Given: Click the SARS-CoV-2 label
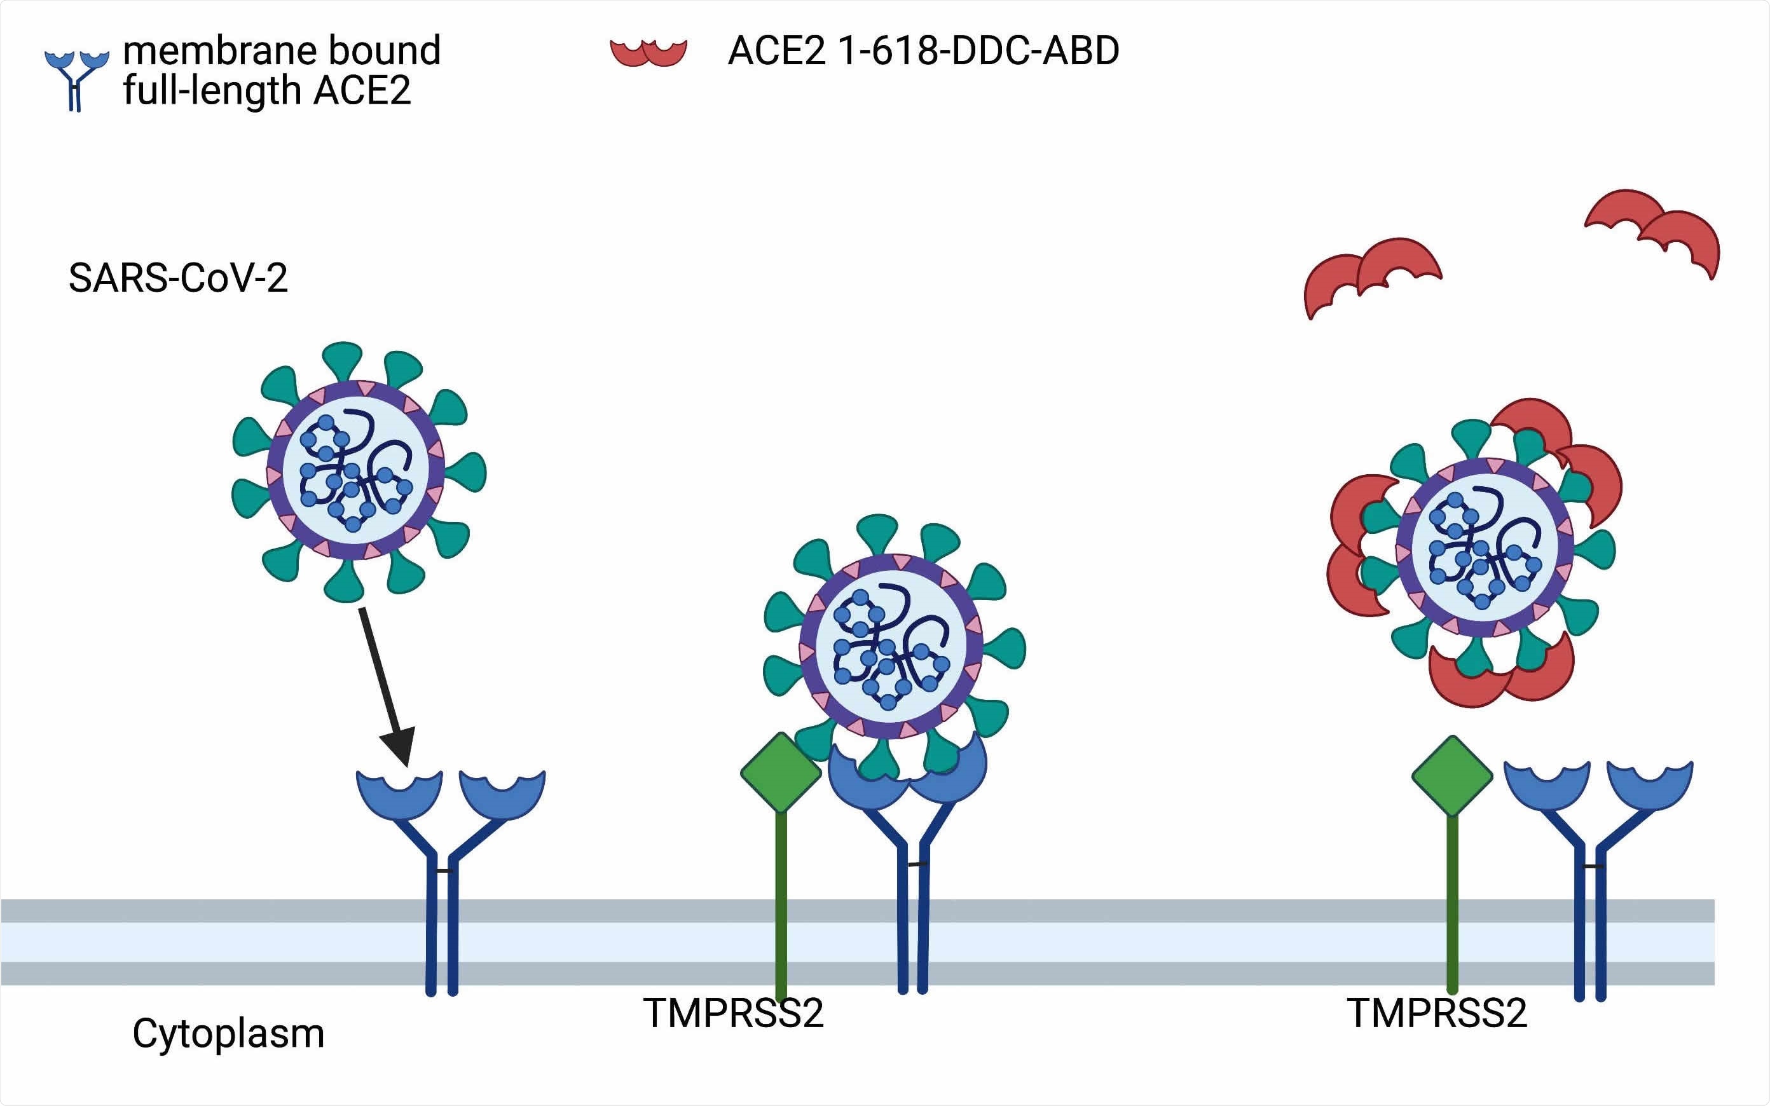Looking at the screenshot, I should pos(178,278).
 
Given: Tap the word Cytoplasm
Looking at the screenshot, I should pos(228,1034).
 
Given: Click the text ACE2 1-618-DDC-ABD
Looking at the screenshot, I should pos(923,50).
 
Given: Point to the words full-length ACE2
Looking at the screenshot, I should pos(267,91).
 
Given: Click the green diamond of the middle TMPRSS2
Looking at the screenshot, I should pos(780,772).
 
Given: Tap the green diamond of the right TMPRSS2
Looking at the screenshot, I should pos(1452,775).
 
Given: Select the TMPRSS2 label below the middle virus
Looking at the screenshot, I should pos(734,1013).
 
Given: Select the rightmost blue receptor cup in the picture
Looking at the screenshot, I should pos(1650,787).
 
